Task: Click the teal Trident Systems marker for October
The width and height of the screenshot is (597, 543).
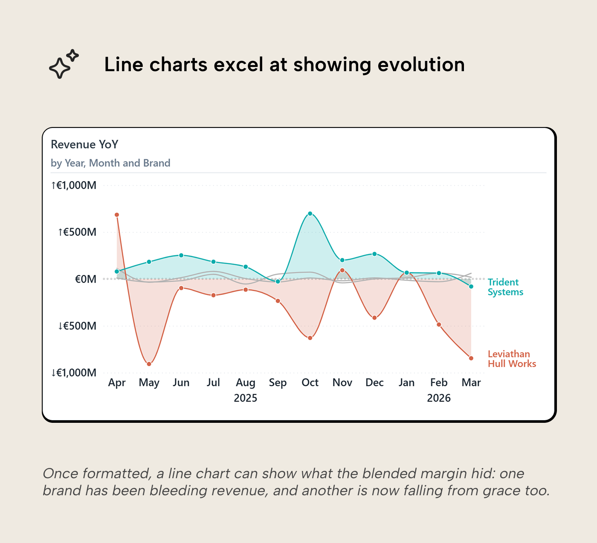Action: (x=310, y=214)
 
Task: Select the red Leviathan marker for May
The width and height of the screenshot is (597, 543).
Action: (x=149, y=364)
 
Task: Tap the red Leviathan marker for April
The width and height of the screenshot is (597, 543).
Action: (x=117, y=215)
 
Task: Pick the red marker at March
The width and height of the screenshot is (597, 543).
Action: (x=471, y=358)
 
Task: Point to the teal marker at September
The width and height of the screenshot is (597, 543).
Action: (x=278, y=282)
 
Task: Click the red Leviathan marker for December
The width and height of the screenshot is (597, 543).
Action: (x=374, y=318)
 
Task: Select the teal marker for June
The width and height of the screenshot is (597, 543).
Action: (x=181, y=255)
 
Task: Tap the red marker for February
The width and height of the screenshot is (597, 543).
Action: (x=439, y=325)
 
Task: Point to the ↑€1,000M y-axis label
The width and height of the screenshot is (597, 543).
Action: (x=74, y=185)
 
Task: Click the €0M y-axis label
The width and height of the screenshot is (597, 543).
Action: (x=86, y=279)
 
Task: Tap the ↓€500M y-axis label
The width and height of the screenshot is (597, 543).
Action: (x=77, y=326)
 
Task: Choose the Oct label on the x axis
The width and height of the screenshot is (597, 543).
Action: (x=310, y=383)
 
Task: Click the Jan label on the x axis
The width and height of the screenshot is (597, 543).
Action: (x=406, y=383)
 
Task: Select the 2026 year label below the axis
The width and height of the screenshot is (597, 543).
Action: (x=439, y=398)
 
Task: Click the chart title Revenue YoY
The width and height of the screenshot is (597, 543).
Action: (x=84, y=144)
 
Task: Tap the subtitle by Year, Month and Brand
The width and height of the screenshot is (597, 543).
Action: (x=110, y=163)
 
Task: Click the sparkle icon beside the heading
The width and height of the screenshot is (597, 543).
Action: (x=64, y=64)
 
